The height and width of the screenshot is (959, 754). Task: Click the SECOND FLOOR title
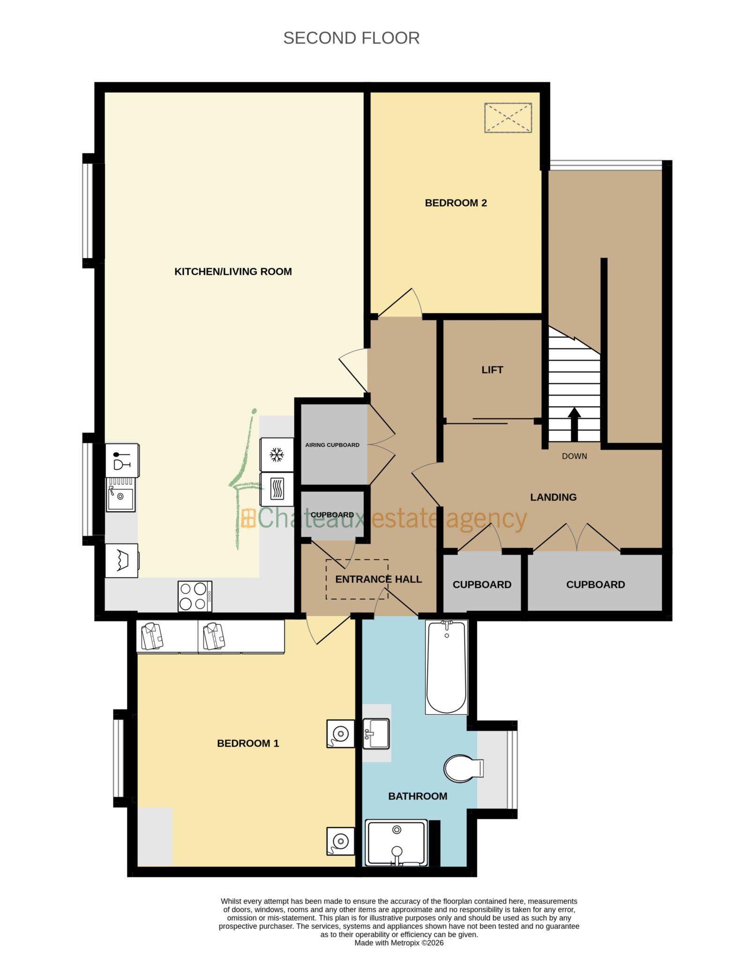(x=351, y=38)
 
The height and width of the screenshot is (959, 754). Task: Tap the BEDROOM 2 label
(x=455, y=203)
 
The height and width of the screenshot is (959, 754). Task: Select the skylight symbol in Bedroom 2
(x=508, y=118)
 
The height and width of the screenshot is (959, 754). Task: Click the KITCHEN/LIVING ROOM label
(x=233, y=272)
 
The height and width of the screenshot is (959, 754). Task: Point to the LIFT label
(x=492, y=370)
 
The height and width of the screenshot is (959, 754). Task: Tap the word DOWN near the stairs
(x=574, y=456)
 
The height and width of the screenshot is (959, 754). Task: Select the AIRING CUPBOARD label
(x=332, y=445)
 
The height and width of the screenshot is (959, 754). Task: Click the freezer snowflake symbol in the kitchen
(x=277, y=454)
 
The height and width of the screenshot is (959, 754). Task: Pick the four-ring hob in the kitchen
(x=194, y=596)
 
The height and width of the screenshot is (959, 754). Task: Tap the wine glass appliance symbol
(x=122, y=460)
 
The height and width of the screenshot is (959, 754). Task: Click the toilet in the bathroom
(x=462, y=768)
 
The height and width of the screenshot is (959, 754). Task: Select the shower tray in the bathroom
(x=396, y=843)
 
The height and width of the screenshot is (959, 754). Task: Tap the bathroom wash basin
(x=376, y=733)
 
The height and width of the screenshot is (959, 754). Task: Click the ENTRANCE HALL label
(x=378, y=579)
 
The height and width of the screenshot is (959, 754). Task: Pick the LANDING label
(x=553, y=497)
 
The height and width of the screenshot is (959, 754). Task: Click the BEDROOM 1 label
(x=248, y=743)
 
